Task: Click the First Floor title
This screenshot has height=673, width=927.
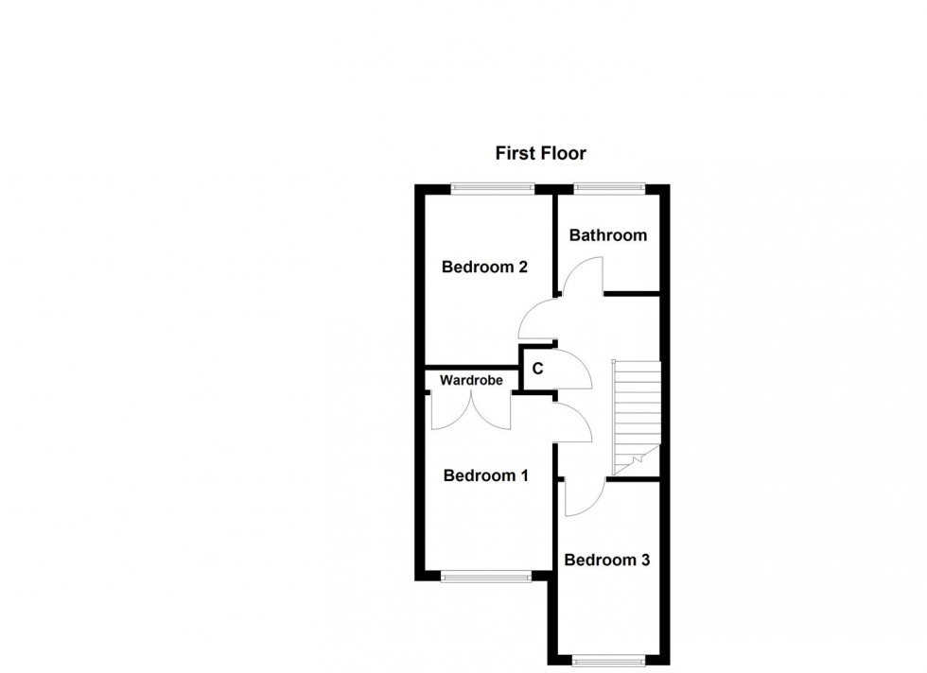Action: point(541,152)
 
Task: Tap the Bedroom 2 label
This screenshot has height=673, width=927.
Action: point(484,267)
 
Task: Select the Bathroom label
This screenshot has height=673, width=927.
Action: point(607,235)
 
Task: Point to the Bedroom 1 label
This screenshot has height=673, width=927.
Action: point(486,476)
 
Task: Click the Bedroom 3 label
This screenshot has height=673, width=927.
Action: point(606,561)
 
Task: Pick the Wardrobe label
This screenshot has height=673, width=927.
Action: point(470,381)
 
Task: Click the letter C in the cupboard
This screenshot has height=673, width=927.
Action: point(537,369)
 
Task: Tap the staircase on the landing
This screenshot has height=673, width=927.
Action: point(636,416)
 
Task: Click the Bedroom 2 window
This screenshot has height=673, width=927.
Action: point(492,187)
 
